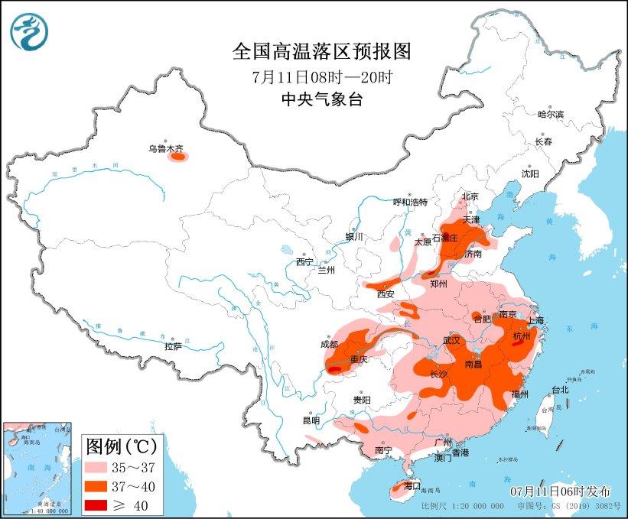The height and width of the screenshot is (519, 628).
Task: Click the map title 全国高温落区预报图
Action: coord(321,52)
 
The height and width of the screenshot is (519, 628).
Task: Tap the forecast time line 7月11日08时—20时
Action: coord(321,76)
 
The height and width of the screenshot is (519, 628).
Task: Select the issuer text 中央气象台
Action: coord(321,99)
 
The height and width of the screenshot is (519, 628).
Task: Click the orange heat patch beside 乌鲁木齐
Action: coord(180,159)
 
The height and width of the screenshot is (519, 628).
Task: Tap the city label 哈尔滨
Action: coord(550,114)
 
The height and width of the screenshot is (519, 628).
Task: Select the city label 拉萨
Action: coord(173,346)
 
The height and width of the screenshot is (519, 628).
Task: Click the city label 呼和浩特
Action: coord(410,202)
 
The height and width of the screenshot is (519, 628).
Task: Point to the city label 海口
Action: coord(412,485)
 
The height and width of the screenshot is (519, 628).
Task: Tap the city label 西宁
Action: coord(304,262)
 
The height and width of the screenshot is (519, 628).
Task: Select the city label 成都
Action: coord(329,344)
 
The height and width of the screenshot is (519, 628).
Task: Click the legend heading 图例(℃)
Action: coord(121,445)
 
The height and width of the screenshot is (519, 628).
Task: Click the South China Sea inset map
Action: coord(37,466)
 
